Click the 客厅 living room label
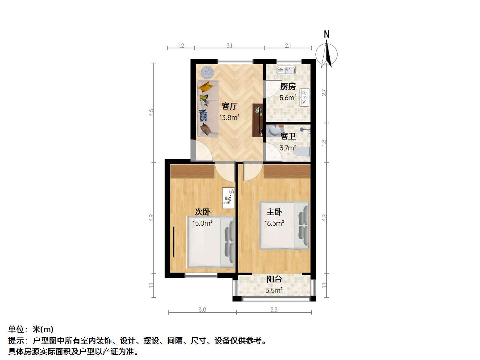pos(229,106)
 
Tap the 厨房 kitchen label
pos(288,87)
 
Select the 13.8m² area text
pos(229,118)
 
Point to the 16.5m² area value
pos(274,223)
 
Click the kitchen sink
pos(286,70)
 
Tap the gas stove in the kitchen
pos(304,97)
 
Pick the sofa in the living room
pos(208,109)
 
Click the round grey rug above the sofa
pos(207,72)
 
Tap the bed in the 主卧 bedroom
pos(284,226)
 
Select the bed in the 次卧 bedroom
pos(211,242)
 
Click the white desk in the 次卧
pos(229,198)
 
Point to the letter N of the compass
pos(327,34)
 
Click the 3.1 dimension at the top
pos(229,46)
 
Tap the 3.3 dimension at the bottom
pos(274,309)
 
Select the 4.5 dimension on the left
pos(151,112)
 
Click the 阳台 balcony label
pos(274,279)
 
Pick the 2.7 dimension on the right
pos(324,93)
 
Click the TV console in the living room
pos(258,120)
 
